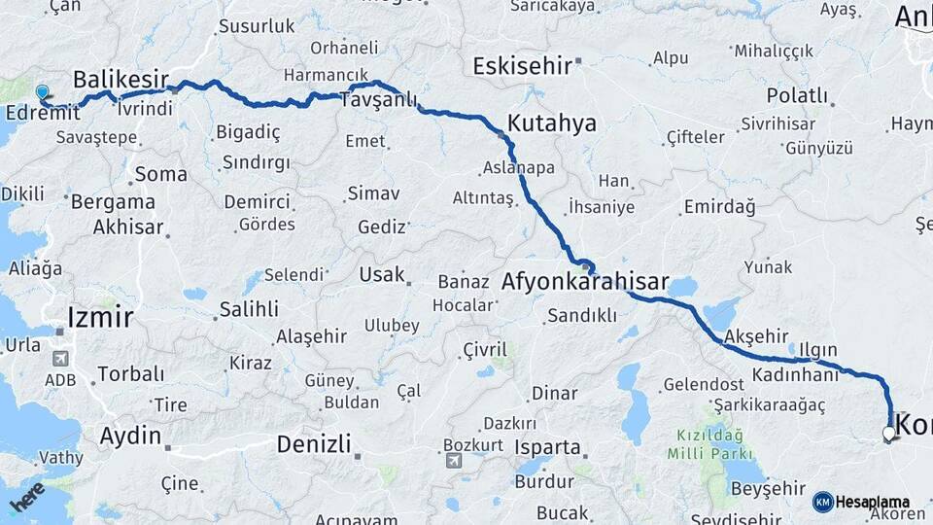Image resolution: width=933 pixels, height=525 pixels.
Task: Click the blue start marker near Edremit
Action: coord(42,93)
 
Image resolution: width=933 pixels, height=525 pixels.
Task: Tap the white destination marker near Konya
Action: coord(888,434)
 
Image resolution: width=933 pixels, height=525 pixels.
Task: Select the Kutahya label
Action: coord(552,123)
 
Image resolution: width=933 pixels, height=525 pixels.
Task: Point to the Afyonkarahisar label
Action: coord(585,283)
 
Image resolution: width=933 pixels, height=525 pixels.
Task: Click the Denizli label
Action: coord(313,445)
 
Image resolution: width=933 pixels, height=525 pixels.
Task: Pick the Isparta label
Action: coord(549,449)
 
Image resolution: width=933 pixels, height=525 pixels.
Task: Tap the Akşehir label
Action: coord(756,336)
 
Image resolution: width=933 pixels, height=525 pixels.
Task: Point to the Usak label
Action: coord(381,275)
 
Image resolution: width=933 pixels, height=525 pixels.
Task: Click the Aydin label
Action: coord(130,436)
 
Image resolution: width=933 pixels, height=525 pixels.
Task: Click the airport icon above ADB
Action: coord(60,359)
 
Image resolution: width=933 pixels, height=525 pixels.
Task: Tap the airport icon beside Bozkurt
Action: coord(453,460)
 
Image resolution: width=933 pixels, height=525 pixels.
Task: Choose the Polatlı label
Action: coord(797,96)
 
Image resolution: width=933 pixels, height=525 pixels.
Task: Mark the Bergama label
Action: coord(112,202)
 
